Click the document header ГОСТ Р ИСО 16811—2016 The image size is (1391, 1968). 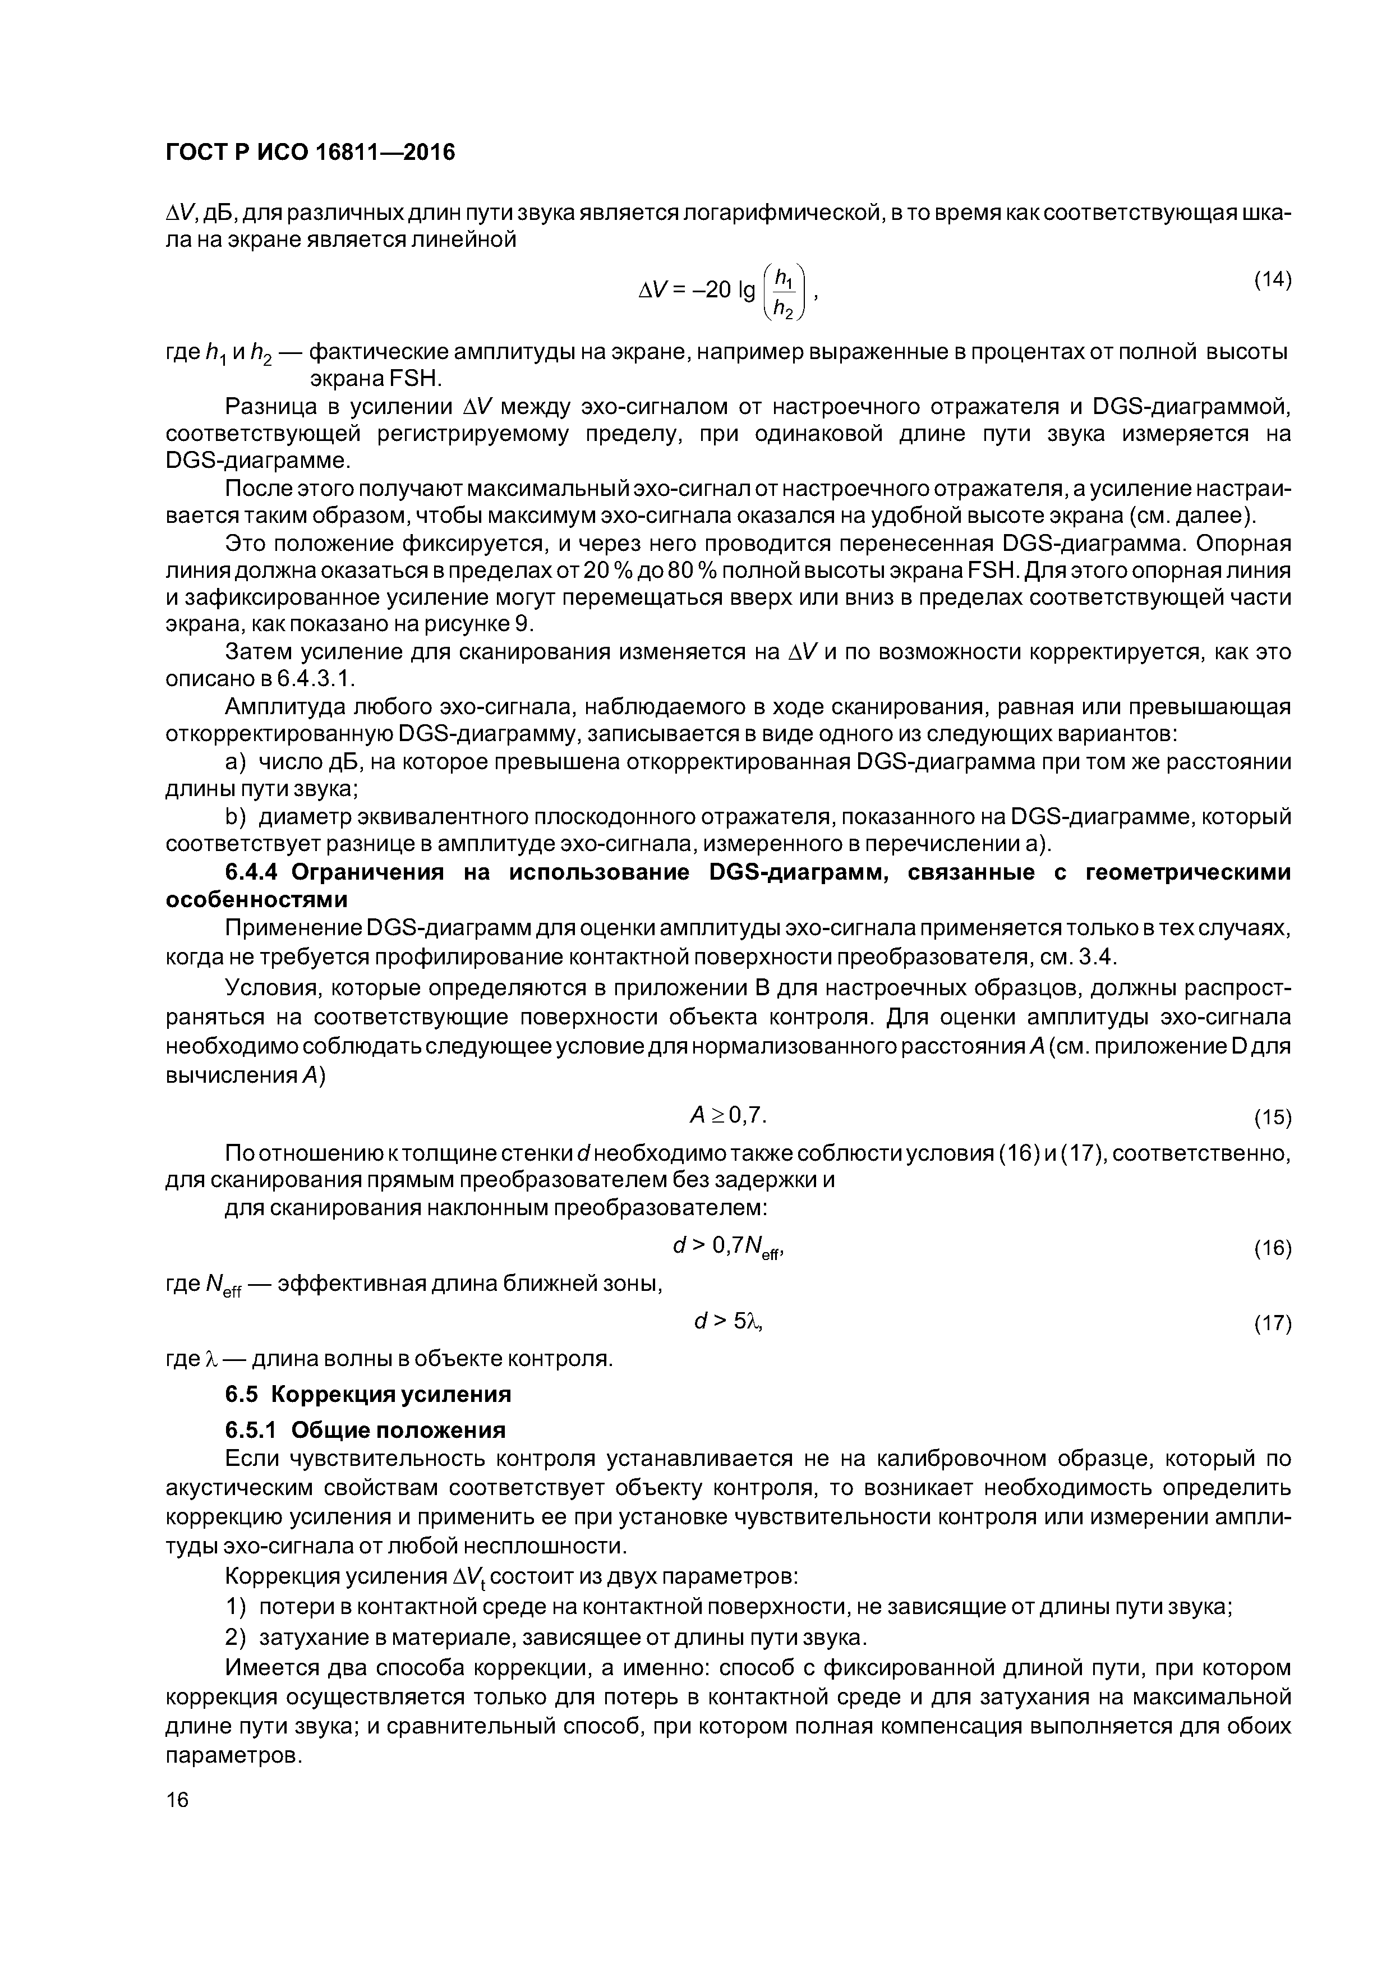(310, 153)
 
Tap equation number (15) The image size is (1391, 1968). (1272, 1118)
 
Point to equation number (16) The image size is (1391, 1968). (1272, 1248)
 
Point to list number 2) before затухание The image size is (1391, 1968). (235, 1638)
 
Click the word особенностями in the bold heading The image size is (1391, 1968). (256, 900)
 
